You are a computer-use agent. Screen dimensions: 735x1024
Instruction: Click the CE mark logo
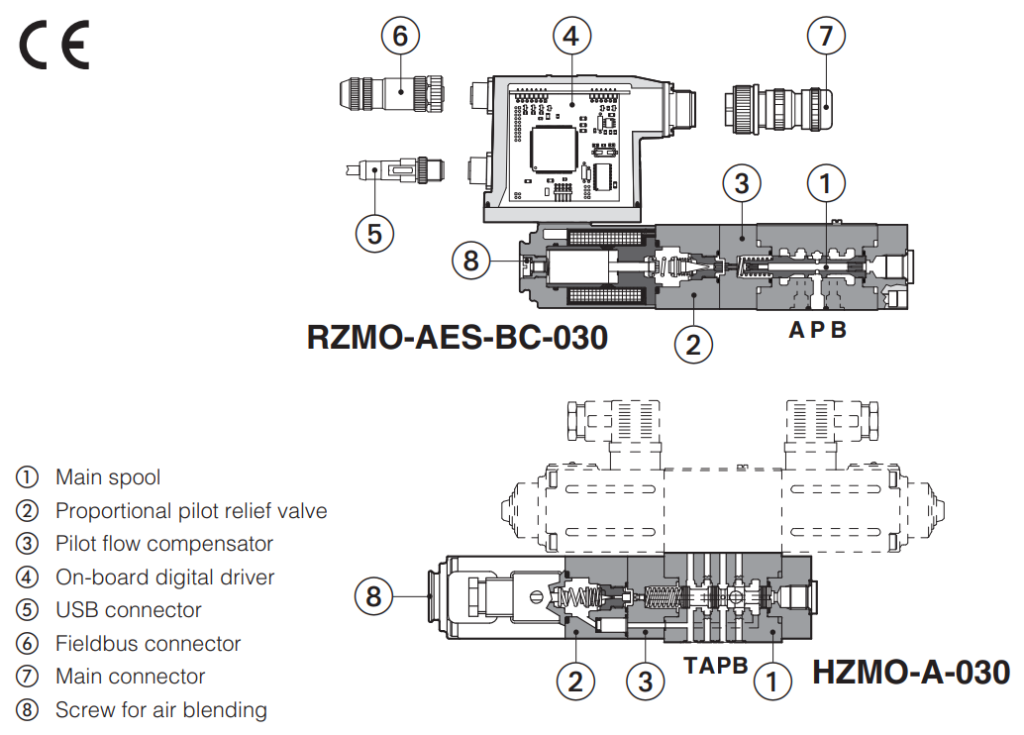point(55,47)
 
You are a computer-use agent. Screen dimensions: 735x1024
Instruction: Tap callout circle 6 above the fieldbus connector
point(400,37)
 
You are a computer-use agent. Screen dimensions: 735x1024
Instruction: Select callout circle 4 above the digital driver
point(570,37)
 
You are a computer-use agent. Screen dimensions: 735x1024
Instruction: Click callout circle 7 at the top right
point(827,37)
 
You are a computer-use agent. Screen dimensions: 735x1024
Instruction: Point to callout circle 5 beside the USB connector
point(374,233)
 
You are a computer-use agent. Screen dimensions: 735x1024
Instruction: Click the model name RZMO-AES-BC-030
point(458,338)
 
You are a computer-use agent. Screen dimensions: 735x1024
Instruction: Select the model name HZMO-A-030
point(911,673)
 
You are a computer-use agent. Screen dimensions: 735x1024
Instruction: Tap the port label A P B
point(818,331)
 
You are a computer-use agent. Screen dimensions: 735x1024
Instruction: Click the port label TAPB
point(716,666)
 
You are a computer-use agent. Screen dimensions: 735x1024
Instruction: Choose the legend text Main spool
point(108,477)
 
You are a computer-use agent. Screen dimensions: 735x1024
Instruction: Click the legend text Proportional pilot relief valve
point(191,511)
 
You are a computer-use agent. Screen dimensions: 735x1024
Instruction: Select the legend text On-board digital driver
point(164,577)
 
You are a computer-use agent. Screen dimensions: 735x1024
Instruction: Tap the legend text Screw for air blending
point(161,710)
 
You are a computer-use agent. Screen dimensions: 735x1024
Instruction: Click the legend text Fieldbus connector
point(148,644)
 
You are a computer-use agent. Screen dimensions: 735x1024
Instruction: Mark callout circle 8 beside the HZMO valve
point(373,595)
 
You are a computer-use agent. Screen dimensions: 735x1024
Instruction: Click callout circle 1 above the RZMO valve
point(826,183)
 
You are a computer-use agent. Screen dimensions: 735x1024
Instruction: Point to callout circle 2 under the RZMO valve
point(693,344)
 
